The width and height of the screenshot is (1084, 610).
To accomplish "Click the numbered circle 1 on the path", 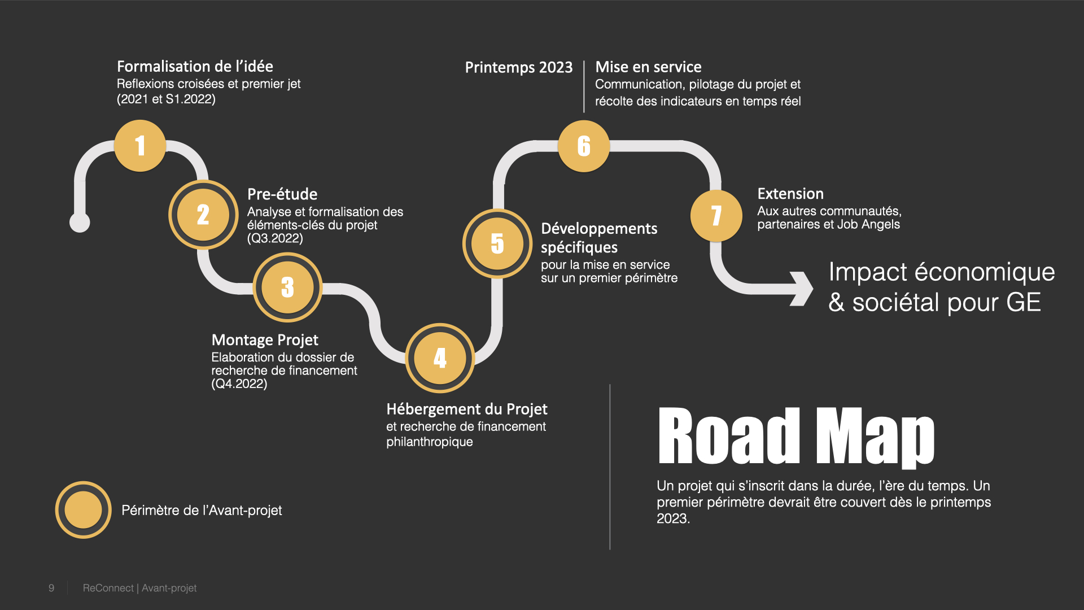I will (x=140, y=146).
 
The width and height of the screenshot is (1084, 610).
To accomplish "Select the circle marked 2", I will (x=203, y=215).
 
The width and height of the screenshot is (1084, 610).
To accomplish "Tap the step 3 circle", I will (x=287, y=287).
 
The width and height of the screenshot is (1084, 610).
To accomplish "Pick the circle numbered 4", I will (x=440, y=358).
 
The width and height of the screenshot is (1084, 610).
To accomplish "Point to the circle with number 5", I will (x=497, y=243).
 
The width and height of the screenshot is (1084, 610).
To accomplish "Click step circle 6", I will (x=584, y=146).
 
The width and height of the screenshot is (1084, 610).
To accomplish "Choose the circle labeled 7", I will (x=716, y=215).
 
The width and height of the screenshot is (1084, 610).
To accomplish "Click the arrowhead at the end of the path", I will (x=803, y=289).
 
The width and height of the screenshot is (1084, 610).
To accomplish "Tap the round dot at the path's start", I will (x=80, y=223).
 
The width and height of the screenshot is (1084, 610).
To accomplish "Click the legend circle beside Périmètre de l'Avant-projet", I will (x=83, y=509).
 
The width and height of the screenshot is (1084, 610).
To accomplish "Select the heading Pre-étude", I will (x=282, y=194).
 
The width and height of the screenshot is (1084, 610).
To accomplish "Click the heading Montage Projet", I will (x=265, y=340).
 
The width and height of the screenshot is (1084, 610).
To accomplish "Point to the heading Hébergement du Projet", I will (x=466, y=409).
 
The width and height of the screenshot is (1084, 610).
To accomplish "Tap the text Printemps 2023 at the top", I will (x=518, y=67).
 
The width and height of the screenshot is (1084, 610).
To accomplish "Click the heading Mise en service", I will (x=648, y=67).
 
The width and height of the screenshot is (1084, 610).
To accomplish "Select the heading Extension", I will (x=790, y=194).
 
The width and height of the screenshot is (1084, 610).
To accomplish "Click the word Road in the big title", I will (x=729, y=437).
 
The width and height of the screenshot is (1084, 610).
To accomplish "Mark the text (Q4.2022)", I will (x=239, y=384).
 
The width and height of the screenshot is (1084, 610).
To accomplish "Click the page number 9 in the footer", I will (x=51, y=588).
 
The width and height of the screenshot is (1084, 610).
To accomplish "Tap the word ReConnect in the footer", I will (x=108, y=588).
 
